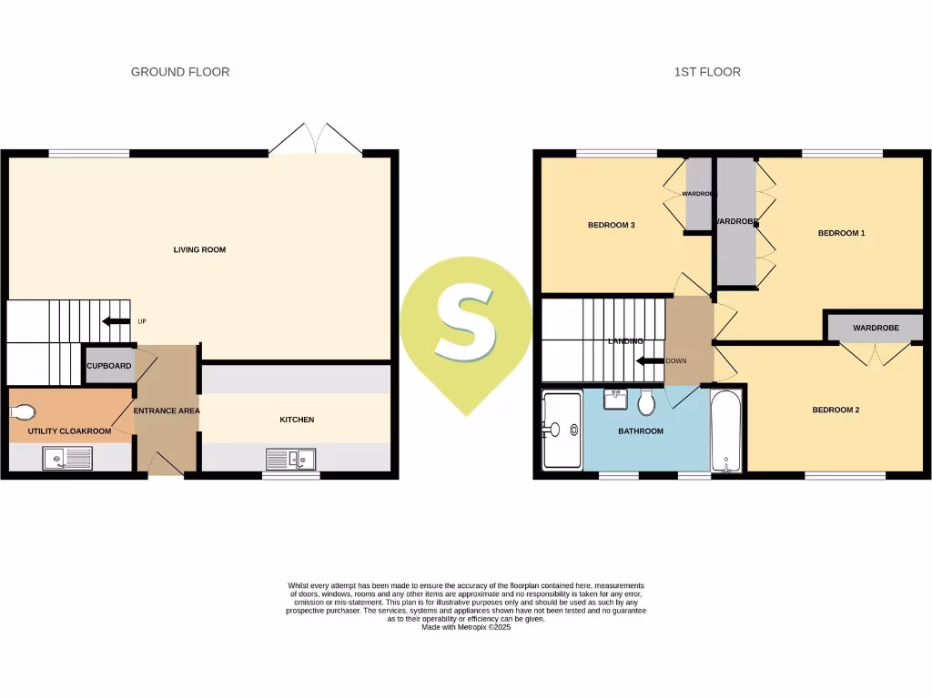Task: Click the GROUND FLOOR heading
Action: (180, 72)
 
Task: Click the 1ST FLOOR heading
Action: (707, 72)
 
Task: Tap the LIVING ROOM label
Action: (199, 249)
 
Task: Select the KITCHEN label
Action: (297, 420)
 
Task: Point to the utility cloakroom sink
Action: (67, 459)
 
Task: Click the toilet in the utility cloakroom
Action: (21, 412)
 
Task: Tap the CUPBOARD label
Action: (109, 366)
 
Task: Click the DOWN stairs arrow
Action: (649, 360)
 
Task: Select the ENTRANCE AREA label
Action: (167, 410)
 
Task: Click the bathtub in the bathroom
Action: (726, 431)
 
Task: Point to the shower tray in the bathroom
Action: (561, 431)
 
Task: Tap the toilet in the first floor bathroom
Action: (647, 401)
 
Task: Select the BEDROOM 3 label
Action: (611, 225)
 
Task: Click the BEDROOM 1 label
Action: (841, 233)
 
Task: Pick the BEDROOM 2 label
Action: (836, 410)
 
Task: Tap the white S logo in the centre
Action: (465, 325)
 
